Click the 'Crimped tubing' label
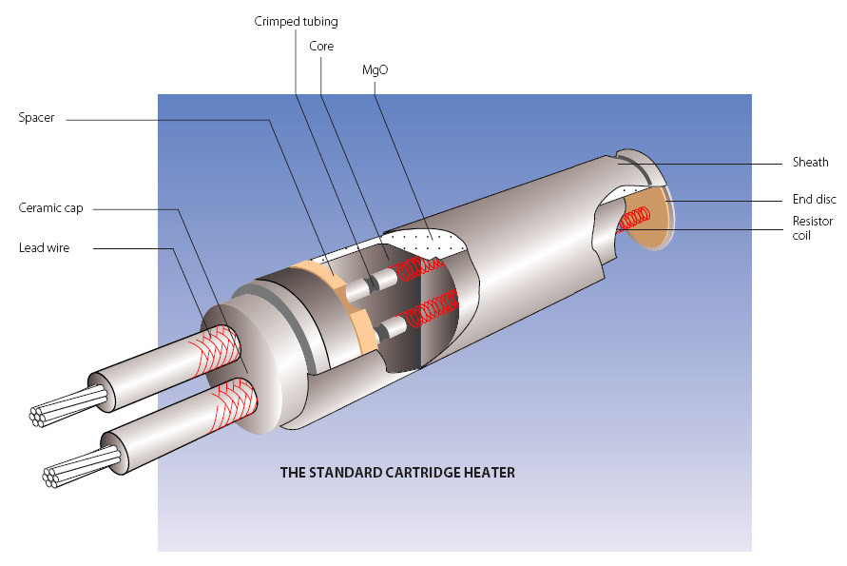tap(296, 22)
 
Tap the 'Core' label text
tap(321, 46)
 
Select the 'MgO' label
tap(375, 70)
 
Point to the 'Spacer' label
tap(36, 118)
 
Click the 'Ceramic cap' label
tap(50, 207)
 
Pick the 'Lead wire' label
tap(44, 248)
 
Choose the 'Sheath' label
tap(811, 163)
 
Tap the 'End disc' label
tap(814, 199)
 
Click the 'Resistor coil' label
tap(813, 228)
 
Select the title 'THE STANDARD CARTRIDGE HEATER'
tap(397, 472)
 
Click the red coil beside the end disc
tap(632, 222)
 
